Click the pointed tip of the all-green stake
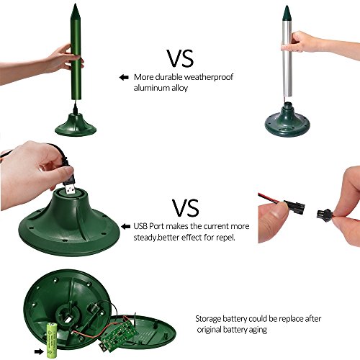click(x=75, y=4)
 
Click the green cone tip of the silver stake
click(x=287, y=12)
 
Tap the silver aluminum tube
click(x=287, y=58)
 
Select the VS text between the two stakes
click(x=180, y=58)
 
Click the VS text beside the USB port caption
click(x=186, y=208)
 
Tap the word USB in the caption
click(x=140, y=226)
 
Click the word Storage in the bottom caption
click(x=208, y=319)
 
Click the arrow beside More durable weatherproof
click(x=124, y=77)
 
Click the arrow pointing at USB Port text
click(x=126, y=227)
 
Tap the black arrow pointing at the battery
click(x=39, y=352)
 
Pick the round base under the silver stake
click(x=287, y=120)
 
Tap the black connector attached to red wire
click(x=294, y=205)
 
